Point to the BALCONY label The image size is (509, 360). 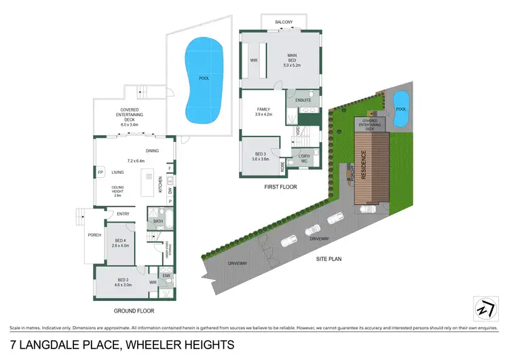(x=284, y=22)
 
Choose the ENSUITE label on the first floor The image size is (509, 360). (x=303, y=100)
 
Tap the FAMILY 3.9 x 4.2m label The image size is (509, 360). (x=263, y=112)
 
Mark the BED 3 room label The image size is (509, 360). (x=261, y=156)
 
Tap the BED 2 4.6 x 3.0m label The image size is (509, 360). (x=123, y=283)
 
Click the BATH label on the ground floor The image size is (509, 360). (x=158, y=221)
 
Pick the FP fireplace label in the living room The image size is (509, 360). (x=100, y=173)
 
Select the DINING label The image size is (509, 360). (x=153, y=151)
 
